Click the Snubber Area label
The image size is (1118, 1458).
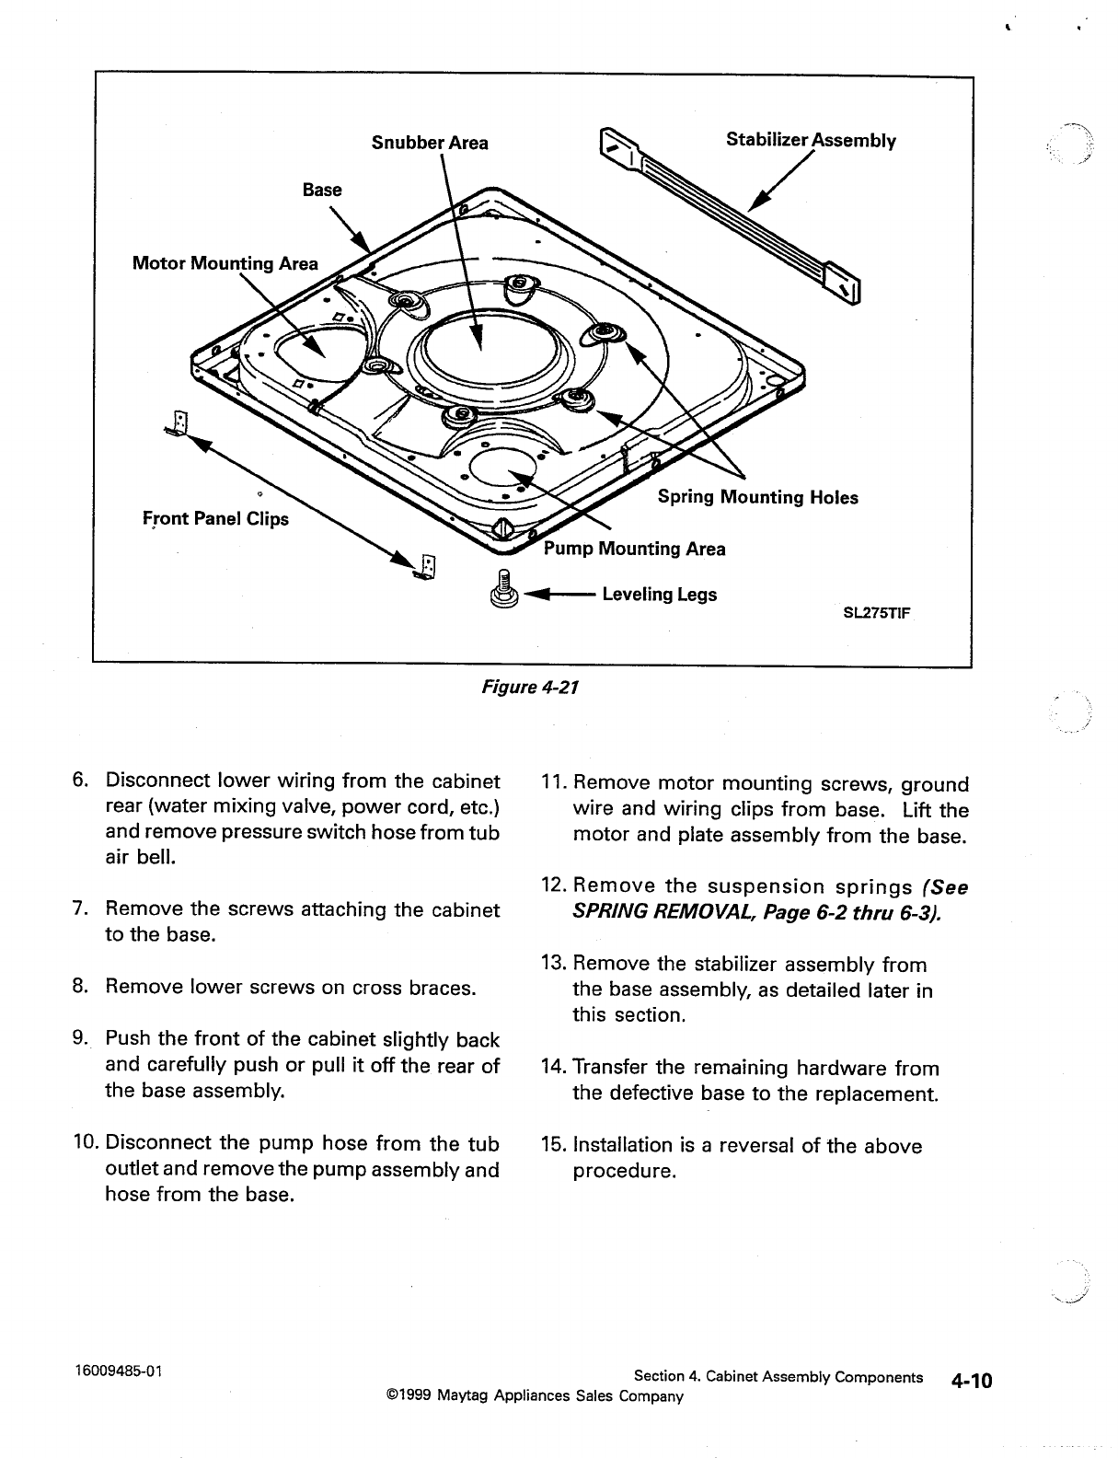[430, 143]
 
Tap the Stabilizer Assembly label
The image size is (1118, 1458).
[811, 140]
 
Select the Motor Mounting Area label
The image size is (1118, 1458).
[225, 264]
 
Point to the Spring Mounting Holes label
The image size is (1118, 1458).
[757, 498]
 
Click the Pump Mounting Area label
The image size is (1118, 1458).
[635, 550]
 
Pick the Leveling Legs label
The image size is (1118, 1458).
[659, 595]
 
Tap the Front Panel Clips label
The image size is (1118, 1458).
[215, 519]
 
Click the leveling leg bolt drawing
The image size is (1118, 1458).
[503, 591]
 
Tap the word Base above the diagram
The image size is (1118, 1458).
[322, 191]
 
